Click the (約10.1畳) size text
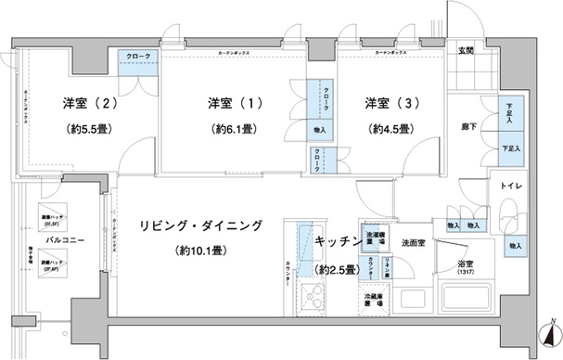(x=203, y=251)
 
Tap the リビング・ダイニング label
(x=201, y=225)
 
